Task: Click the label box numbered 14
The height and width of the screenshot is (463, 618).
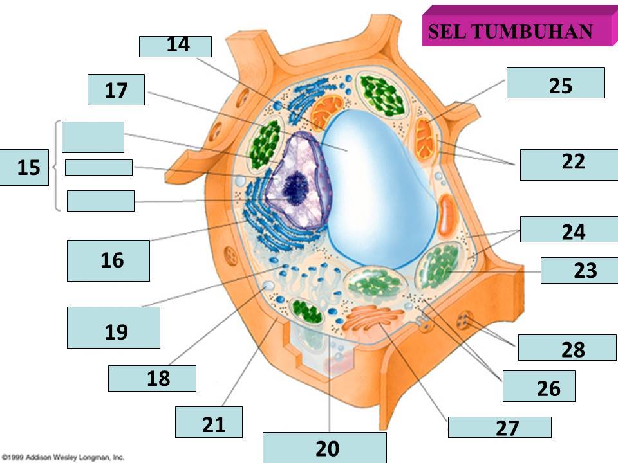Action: point(175,46)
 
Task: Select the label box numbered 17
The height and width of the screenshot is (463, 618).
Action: point(116,89)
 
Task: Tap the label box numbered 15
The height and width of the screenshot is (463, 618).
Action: point(24,168)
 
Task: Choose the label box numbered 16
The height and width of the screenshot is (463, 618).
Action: point(108,260)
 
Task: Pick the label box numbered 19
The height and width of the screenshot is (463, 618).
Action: point(113,327)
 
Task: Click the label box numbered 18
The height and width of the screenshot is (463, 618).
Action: point(152,378)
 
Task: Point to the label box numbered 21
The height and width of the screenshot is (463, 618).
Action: point(209,422)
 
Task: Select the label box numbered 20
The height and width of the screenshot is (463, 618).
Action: point(324,448)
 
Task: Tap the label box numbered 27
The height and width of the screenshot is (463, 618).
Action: point(500,428)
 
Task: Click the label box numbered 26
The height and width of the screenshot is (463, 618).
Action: point(538,386)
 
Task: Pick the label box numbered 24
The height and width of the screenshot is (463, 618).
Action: point(569,230)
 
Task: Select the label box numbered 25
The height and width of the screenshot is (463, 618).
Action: point(556,83)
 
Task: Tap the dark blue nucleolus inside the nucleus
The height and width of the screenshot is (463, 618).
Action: point(295,186)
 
